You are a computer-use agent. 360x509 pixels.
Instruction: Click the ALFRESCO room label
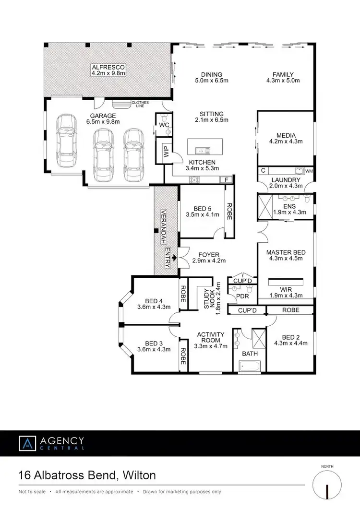[108, 67]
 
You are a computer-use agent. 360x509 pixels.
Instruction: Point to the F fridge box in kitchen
[226, 180]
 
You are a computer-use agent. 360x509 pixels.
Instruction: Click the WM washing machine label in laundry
[309, 170]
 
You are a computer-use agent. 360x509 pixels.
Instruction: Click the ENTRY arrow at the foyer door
[173, 258]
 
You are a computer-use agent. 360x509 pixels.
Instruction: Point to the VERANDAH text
[163, 225]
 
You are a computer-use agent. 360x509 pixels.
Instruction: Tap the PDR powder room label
[242, 296]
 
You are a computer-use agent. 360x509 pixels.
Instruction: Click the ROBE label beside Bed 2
[290, 310]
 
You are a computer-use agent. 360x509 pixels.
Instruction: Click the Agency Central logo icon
[28, 443]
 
